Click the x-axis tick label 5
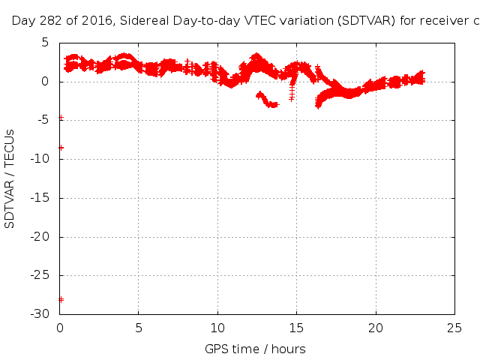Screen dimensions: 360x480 (x=139, y=327)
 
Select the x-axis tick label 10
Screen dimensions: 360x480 (x=217, y=327)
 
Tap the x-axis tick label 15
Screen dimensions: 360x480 (x=296, y=327)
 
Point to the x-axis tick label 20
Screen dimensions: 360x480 (x=376, y=327)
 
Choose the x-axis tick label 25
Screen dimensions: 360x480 (x=454, y=327)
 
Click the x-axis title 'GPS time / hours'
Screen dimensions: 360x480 (x=255, y=349)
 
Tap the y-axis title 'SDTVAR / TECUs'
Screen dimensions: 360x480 (x=10, y=178)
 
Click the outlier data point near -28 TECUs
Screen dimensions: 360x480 (x=61, y=299)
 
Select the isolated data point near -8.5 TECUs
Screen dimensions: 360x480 (x=61, y=148)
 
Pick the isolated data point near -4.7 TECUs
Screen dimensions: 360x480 (x=61, y=118)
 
